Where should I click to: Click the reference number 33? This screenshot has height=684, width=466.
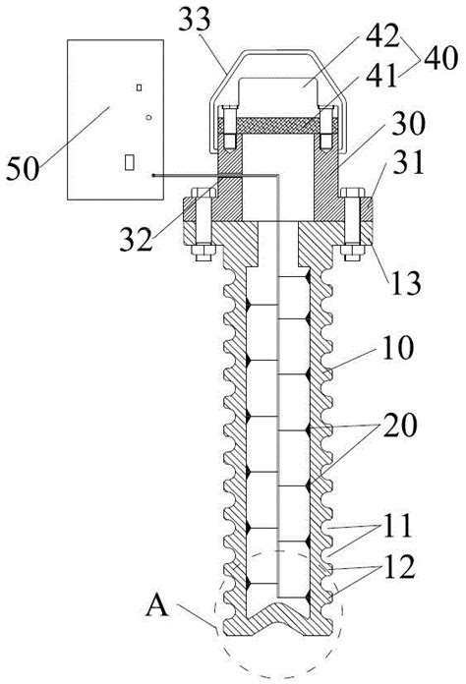[x=195, y=21]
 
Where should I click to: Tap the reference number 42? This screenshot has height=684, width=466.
[x=382, y=36]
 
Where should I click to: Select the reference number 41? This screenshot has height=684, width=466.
[x=382, y=76]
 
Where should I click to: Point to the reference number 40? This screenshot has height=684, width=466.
[x=440, y=58]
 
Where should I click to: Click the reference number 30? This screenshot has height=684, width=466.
[x=408, y=124]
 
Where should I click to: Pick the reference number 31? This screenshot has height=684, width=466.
[x=408, y=162]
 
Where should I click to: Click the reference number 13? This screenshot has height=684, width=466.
[x=406, y=283]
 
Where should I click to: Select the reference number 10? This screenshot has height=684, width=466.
[x=397, y=348]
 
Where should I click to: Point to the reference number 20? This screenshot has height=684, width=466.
[x=400, y=426]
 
